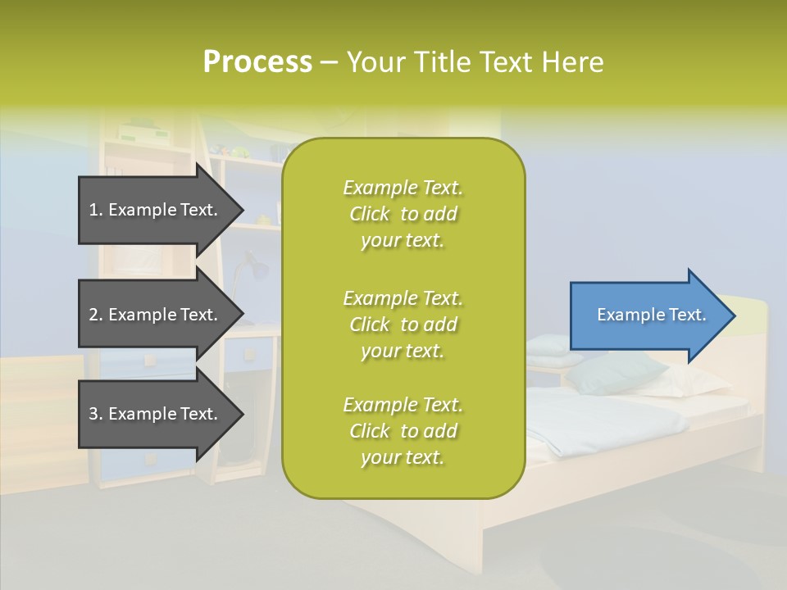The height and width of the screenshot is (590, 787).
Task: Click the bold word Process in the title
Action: coord(257,62)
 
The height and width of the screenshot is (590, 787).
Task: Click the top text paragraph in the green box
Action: coord(403,214)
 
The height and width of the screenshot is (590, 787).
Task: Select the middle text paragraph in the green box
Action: coord(403,324)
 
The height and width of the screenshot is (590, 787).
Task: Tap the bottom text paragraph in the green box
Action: coord(403,431)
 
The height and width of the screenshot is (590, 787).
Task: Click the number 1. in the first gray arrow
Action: coord(96,210)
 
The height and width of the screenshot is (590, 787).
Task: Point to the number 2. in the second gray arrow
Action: coord(96,315)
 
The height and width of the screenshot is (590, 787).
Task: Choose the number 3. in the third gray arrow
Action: coord(96,414)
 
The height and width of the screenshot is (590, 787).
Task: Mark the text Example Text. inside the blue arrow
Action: coord(652,315)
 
